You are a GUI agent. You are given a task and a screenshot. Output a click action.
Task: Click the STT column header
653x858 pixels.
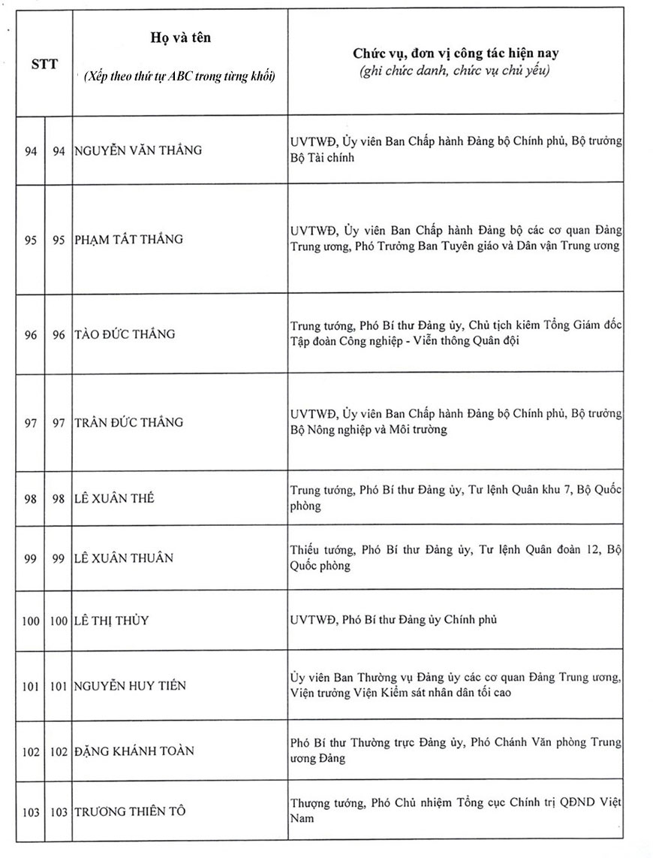[x=44, y=64]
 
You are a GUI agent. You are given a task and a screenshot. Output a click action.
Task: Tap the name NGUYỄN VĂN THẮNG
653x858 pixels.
[x=138, y=150]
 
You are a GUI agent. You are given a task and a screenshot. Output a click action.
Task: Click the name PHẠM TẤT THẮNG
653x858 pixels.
[x=128, y=240]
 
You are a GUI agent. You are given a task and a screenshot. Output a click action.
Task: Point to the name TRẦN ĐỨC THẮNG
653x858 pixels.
[x=128, y=422]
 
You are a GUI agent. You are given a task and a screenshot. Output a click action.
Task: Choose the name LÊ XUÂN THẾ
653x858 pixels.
[x=114, y=498]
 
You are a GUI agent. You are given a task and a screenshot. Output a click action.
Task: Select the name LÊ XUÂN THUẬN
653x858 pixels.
[x=124, y=557]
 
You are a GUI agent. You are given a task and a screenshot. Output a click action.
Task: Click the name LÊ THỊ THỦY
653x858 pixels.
[x=111, y=621]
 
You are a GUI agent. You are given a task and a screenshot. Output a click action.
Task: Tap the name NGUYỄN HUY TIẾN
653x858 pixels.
[x=130, y=686]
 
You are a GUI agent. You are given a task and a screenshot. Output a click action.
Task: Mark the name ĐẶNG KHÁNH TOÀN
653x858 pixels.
[x=134, y=751]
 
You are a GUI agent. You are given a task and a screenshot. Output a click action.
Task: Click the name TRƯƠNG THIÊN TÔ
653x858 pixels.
[x=130, y=811]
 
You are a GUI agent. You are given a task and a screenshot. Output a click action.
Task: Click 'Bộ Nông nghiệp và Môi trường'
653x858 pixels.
[x=368, y=430]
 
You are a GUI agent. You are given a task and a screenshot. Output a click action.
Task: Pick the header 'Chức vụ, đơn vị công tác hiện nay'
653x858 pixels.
[x=456, y=54]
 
